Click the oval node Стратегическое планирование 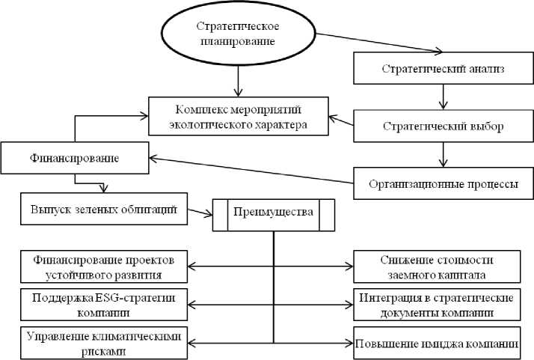236,33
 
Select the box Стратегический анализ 443,70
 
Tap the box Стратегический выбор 443,126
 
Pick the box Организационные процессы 443,183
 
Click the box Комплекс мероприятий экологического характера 238,116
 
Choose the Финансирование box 74,159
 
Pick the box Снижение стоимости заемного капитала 436,265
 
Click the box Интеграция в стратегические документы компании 436,304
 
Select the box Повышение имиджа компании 436,343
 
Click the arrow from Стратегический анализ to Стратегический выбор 443,97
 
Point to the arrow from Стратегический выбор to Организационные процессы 443,154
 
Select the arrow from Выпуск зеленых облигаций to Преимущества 198,213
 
